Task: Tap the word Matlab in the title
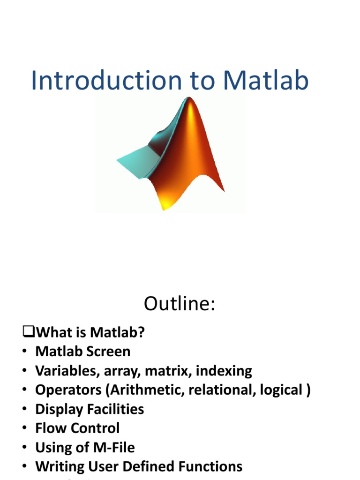pyautogui.click(x=266, y=81)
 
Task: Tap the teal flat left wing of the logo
pyautogui.click(x=136, y=159)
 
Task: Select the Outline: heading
pyautogui.click(x=180, y=304)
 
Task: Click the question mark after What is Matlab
pyautogui.click(x=142, y=332)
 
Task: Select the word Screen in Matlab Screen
pyautogui.click(x=109, y=352)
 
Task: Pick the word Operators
pyautogui.click(x=65, y=390)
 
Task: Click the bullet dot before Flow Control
pyautogui.click(x=24, y=428)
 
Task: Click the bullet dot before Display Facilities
pyautogui.click(x=24, y=409)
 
